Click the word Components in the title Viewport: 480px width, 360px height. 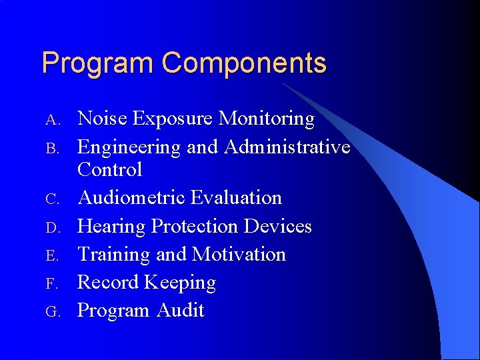[244, 63]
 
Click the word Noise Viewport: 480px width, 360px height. [103, 119]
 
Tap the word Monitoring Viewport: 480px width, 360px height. [267, 119]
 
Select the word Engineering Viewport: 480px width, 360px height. [129, 147]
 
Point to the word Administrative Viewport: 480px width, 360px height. [287, 147]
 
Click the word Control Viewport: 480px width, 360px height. [110, 170]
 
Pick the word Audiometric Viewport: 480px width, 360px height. [131, 198]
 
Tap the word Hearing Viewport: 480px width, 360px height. [112, 227]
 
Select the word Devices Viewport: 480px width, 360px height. [278, 226]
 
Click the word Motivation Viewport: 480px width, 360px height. [239, 254]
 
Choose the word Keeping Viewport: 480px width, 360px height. [180, 283]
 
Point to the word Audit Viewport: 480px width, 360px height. [181, 311]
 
